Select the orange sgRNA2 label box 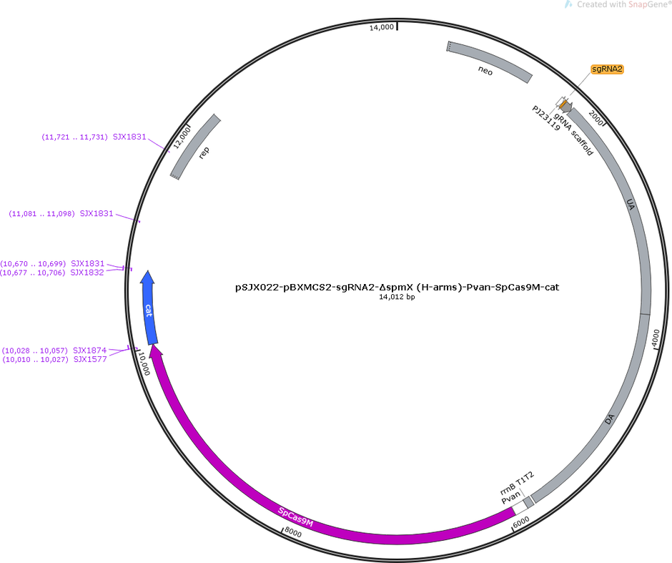[x=607, y=69]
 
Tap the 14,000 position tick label [x=382, y=27]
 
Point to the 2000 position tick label [x=596, y=117]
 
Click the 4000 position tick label [x=656, y=337]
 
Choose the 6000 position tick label [x=521, y=522]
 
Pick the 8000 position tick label [x=293, y=533]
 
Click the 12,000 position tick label [x=182, y=136]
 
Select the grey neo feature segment [x=488, y=62]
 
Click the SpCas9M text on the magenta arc [x=296, y=517]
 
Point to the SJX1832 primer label [x=87, y=273]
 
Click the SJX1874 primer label [x=89, y=351]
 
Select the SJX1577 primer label [x=90, y=359]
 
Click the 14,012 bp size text [x=397, y=297]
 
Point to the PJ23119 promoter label [x=546, y=118]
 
